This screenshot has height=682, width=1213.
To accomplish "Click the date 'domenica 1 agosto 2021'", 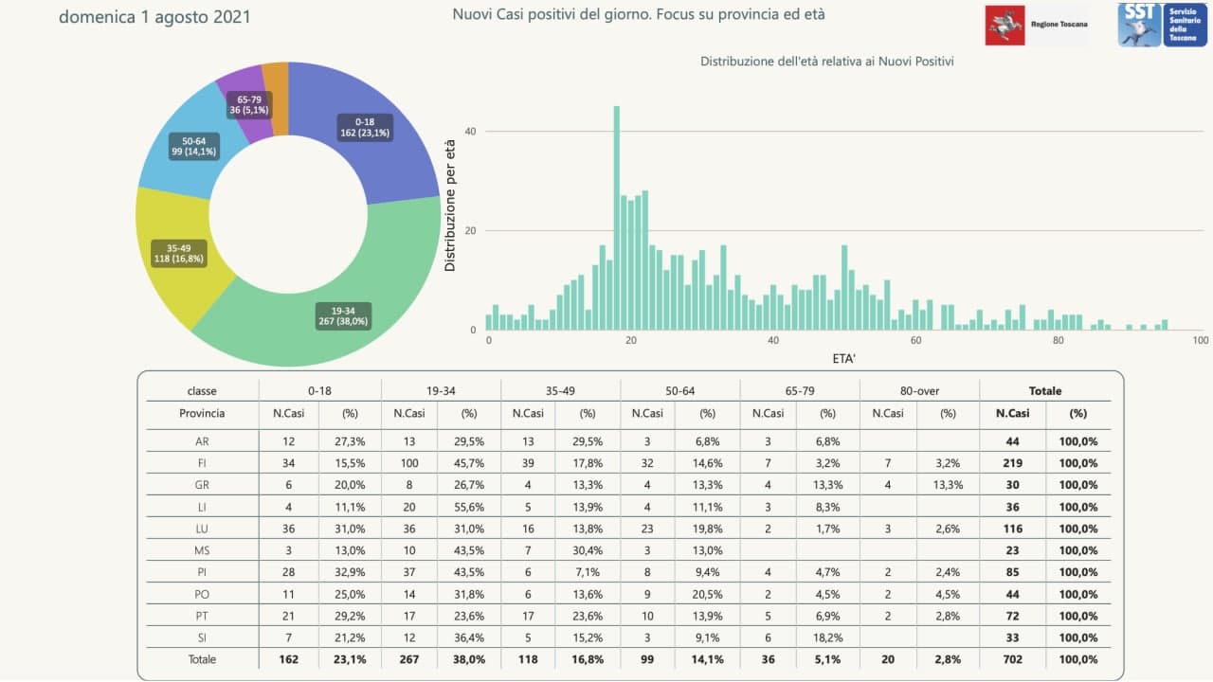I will (154, 16).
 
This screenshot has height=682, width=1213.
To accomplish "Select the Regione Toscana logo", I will (1036, 24).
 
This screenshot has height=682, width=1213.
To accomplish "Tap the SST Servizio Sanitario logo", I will (1161, 24).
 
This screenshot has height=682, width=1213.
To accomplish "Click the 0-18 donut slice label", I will (365, 127).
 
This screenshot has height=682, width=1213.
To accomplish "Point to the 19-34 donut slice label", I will (343, 315).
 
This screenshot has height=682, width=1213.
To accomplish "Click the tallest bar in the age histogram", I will (617, 218).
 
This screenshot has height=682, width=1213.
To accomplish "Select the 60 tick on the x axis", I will (915, 340).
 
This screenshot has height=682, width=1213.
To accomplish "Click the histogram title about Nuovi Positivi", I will (826, 62).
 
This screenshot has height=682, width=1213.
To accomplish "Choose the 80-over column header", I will (919, 390).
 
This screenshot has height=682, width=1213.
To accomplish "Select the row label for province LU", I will (202, 529).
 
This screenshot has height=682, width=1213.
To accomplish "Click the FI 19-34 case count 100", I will (409, 463).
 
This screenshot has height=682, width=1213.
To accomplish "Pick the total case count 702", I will (1012, 659).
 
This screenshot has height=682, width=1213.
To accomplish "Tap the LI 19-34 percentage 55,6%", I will (468, 507).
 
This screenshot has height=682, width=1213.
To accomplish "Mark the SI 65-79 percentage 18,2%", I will (827, 637).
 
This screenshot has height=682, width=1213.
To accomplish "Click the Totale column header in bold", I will (1045, 390).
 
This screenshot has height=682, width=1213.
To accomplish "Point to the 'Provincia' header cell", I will (202, 413).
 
